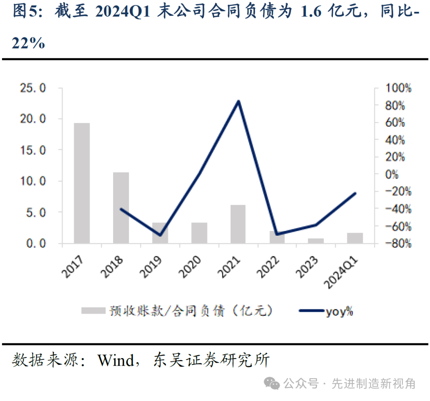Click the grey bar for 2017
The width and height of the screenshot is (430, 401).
pyautogui.click(x=82, y=183)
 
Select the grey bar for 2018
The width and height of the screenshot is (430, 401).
pyautogui.click(x=121, y=207)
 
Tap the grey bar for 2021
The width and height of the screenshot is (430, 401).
pyautogui.click(x=238, y=224)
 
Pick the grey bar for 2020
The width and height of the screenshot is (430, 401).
pyautogui.click(x=199, y=232)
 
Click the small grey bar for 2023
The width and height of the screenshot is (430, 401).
pyautogui.click(x=316, y=241)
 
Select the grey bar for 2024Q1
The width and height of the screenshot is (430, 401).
pyautogui.click(x=355, y=238)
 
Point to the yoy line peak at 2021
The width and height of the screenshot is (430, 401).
pyautogui.click(x=238, y=101)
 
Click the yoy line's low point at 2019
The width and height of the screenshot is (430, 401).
pyautogui.click(x=160, y=235)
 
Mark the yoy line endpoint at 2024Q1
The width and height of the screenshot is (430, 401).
pyautogui.click(x=355, y=193)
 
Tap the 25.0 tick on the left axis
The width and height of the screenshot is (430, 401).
pyautogui.click(x=33, y=88)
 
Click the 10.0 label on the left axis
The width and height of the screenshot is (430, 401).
pyautogui.click(x=33, y=181)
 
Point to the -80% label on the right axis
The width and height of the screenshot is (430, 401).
pyautogui.click(x=391, y=243)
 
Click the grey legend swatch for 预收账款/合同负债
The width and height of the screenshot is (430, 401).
pyautogui.click(x=92, y=311)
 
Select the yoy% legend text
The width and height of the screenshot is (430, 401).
pyautogui.click(x=339, y=311)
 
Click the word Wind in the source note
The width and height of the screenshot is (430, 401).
pyautogui.click(x=116, y=360)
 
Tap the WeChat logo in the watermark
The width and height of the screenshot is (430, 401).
pyautogui.click(x=273, y=384)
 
